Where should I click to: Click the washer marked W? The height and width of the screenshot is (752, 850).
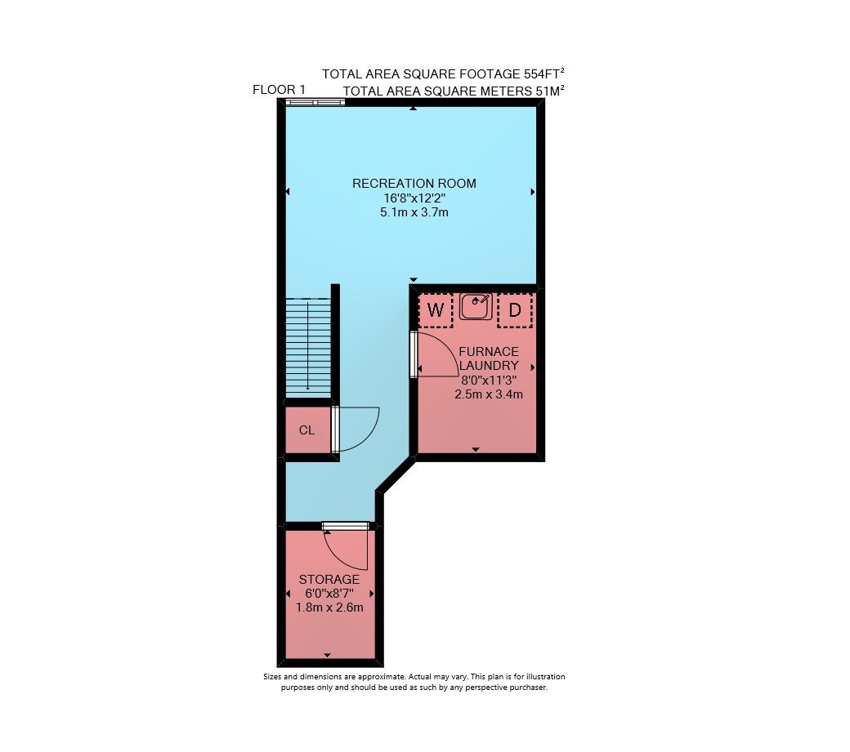click(436, 310)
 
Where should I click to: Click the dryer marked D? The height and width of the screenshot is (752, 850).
click(514, 310)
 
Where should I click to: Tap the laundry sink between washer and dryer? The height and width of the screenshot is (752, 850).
click(476, 306)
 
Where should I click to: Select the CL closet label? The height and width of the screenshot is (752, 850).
click(306, 430)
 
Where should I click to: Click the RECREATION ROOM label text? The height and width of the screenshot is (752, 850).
click(414, 184)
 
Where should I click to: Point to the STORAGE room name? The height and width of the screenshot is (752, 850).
click(329, 579)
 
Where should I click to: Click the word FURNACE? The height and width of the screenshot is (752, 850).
click(489, 351)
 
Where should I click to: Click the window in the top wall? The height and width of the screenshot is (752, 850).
click(315, 102)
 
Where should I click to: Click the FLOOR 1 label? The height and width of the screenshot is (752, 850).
click(280, 89)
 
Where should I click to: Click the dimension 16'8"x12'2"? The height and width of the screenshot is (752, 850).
click(414, 198)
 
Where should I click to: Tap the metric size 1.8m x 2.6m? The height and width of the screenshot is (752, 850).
click(329, 607)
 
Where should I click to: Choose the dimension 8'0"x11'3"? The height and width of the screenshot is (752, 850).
click(489, 380)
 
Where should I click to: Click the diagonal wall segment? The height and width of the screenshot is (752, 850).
click(396, 477)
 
